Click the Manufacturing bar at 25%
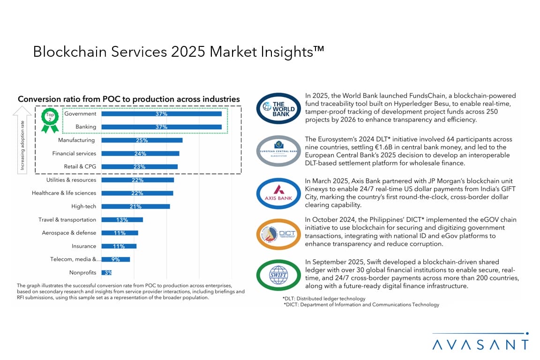(142, 140)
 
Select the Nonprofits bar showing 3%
(107, 272)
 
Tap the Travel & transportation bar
(122, 220)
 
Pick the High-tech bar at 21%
(135, 206)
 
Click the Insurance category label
(84, 246)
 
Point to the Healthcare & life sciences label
(64, 193)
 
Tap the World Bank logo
(278, 109)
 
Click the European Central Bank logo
(278, 150)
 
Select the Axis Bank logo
(278, 192)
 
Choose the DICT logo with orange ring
(278, 233)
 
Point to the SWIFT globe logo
(278, 275)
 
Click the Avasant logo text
(480, 345)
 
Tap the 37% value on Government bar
(161, 114)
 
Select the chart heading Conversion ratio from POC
(128, 99)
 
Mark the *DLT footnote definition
(323, 299)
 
